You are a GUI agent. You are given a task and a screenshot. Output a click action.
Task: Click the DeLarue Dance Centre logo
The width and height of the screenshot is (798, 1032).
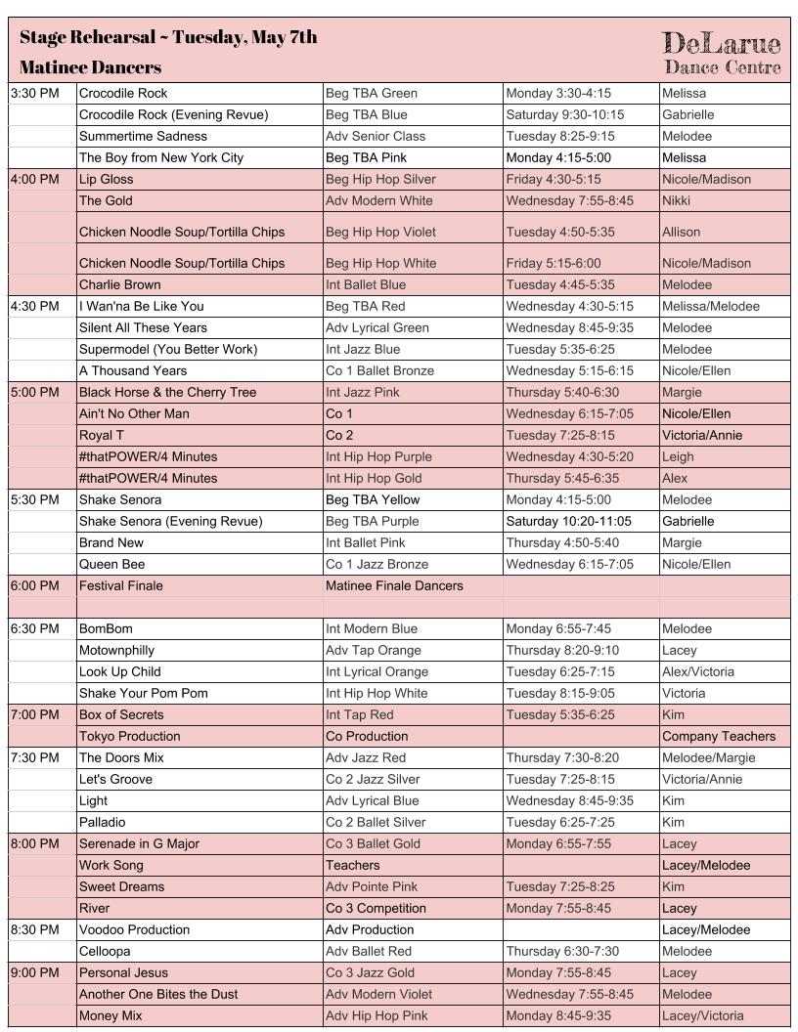point(722,52)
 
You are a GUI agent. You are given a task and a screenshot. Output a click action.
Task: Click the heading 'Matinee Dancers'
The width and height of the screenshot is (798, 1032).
point(90,67)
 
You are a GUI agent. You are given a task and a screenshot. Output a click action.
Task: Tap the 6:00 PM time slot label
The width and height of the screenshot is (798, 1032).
point(35,585)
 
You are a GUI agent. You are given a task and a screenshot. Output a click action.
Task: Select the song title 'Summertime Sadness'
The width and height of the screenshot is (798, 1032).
point(143,136)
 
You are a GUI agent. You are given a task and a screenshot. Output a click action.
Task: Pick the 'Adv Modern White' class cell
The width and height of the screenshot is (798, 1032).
point(378,200)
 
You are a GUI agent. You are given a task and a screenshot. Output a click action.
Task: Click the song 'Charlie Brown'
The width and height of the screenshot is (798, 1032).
point(119,284)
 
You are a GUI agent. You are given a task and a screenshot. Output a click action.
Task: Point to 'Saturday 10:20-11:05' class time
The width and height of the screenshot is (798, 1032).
point(568,521)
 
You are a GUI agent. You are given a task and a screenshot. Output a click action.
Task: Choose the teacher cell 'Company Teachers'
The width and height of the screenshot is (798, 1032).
point(719,736)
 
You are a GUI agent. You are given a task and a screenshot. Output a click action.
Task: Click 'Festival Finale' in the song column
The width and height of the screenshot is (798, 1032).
point(120,585)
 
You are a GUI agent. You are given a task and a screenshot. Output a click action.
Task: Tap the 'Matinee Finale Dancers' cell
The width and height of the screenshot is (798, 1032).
point(394,585)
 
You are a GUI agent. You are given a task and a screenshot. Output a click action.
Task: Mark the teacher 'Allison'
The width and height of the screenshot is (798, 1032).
point(681,232)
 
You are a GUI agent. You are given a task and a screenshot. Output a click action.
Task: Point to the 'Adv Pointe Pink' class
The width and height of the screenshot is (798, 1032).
point(372,886)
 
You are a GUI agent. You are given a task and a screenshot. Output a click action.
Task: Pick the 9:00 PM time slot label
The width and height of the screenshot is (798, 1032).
point(35,972)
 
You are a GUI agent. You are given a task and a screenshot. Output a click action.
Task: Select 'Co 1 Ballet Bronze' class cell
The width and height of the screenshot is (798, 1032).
point(382,370)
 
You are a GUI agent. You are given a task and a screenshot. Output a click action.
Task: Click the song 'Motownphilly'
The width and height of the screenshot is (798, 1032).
point(116,650)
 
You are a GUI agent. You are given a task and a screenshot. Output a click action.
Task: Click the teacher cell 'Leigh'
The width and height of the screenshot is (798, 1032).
point(678,456)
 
